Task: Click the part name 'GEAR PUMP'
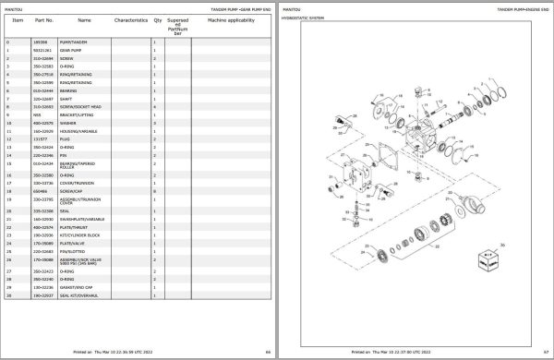72,50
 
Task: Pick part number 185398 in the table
40,42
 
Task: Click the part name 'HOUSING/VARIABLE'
78,130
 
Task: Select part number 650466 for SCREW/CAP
40,190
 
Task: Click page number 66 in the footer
266,353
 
